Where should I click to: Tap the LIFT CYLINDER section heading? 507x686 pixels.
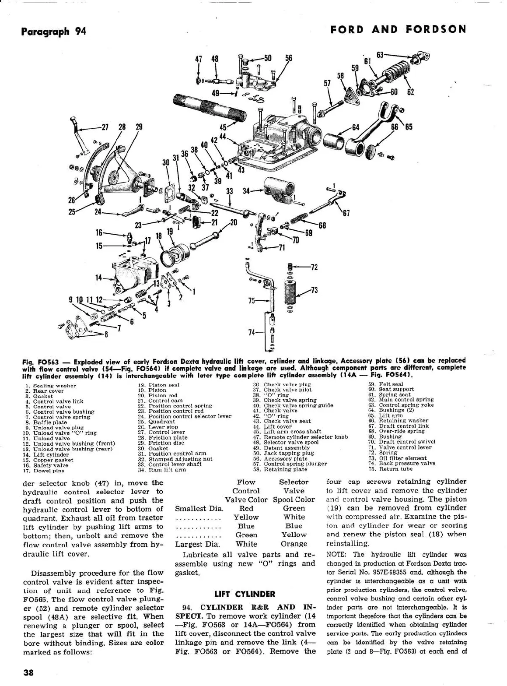[245, 594]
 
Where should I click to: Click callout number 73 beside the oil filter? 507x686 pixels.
[314, 290]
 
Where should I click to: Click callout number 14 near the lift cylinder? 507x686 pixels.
[99, 277]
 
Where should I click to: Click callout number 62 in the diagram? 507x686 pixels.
[410, 92]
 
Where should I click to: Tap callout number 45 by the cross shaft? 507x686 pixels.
[223, 127]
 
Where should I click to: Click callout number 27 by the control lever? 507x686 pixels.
[105, 127]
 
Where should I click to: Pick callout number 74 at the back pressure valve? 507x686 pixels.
[251, 333]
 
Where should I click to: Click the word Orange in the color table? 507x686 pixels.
[294, 544]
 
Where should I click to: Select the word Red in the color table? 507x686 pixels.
[246, 508]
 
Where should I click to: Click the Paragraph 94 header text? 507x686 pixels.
[53, 32]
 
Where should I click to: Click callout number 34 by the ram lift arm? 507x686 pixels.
[246, 190]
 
